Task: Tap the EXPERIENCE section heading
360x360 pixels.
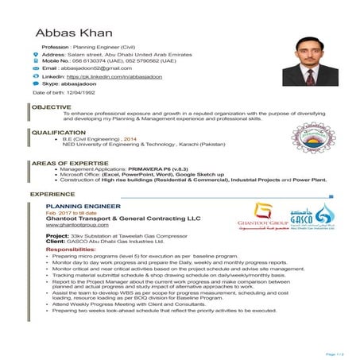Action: point(54,193)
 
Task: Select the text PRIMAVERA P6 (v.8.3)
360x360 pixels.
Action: point(159,168)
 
